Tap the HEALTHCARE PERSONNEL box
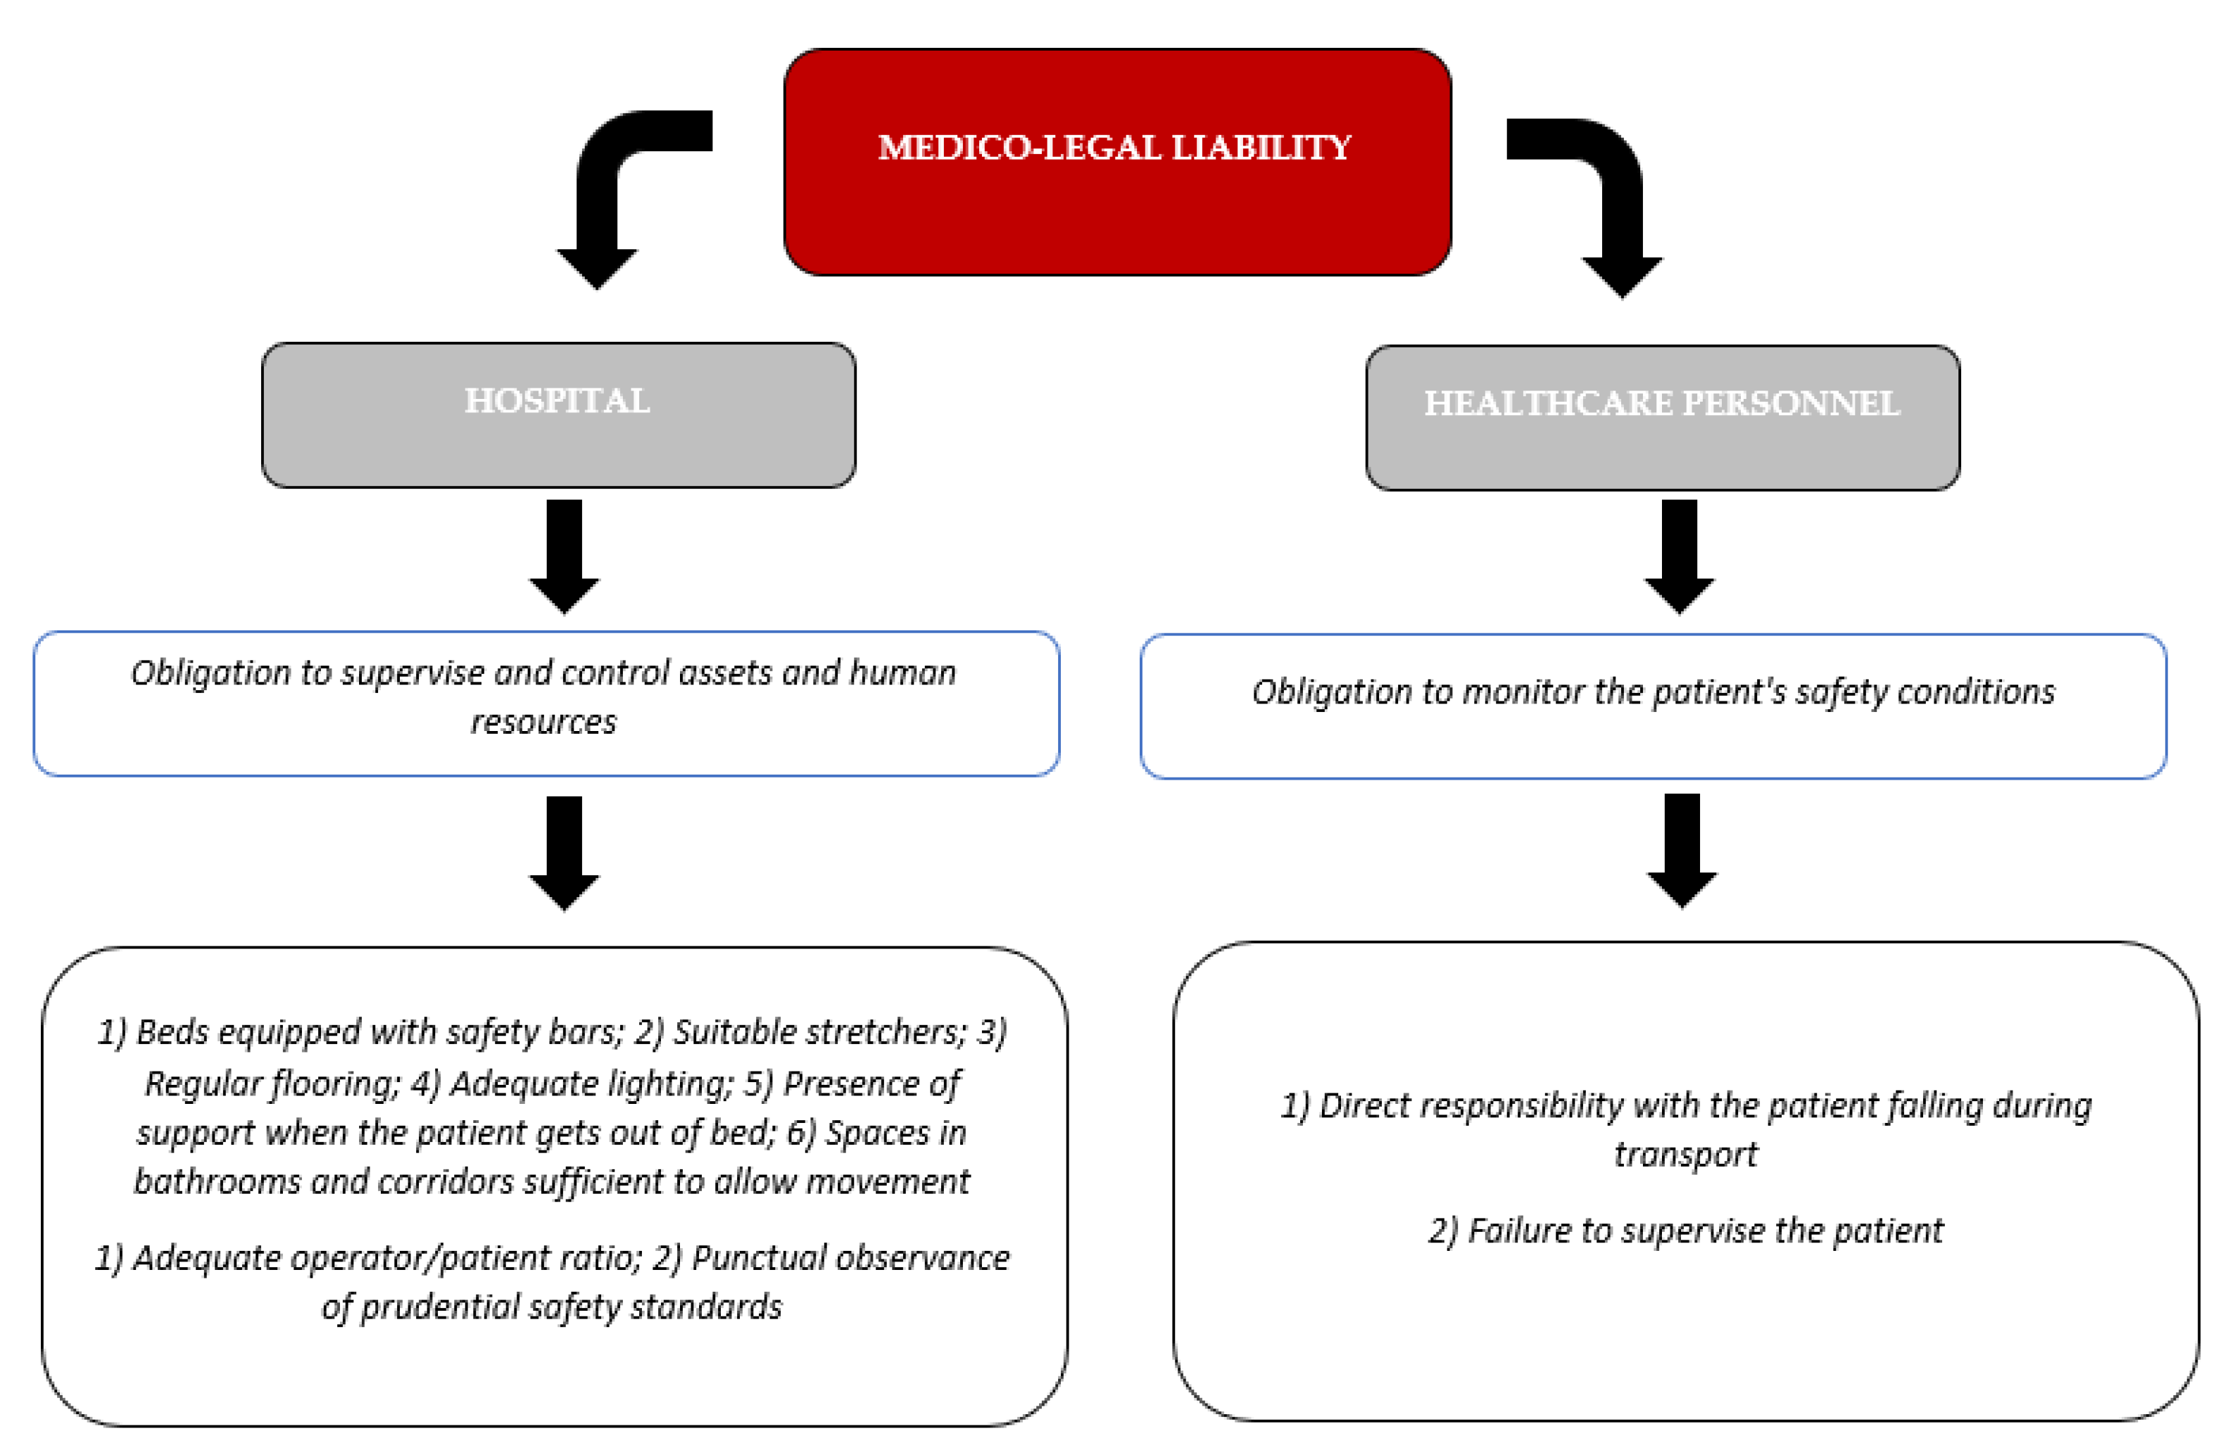tap(1661, 446)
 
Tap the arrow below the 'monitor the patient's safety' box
tap(1681, 849)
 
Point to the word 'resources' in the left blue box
tap(543, 722)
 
